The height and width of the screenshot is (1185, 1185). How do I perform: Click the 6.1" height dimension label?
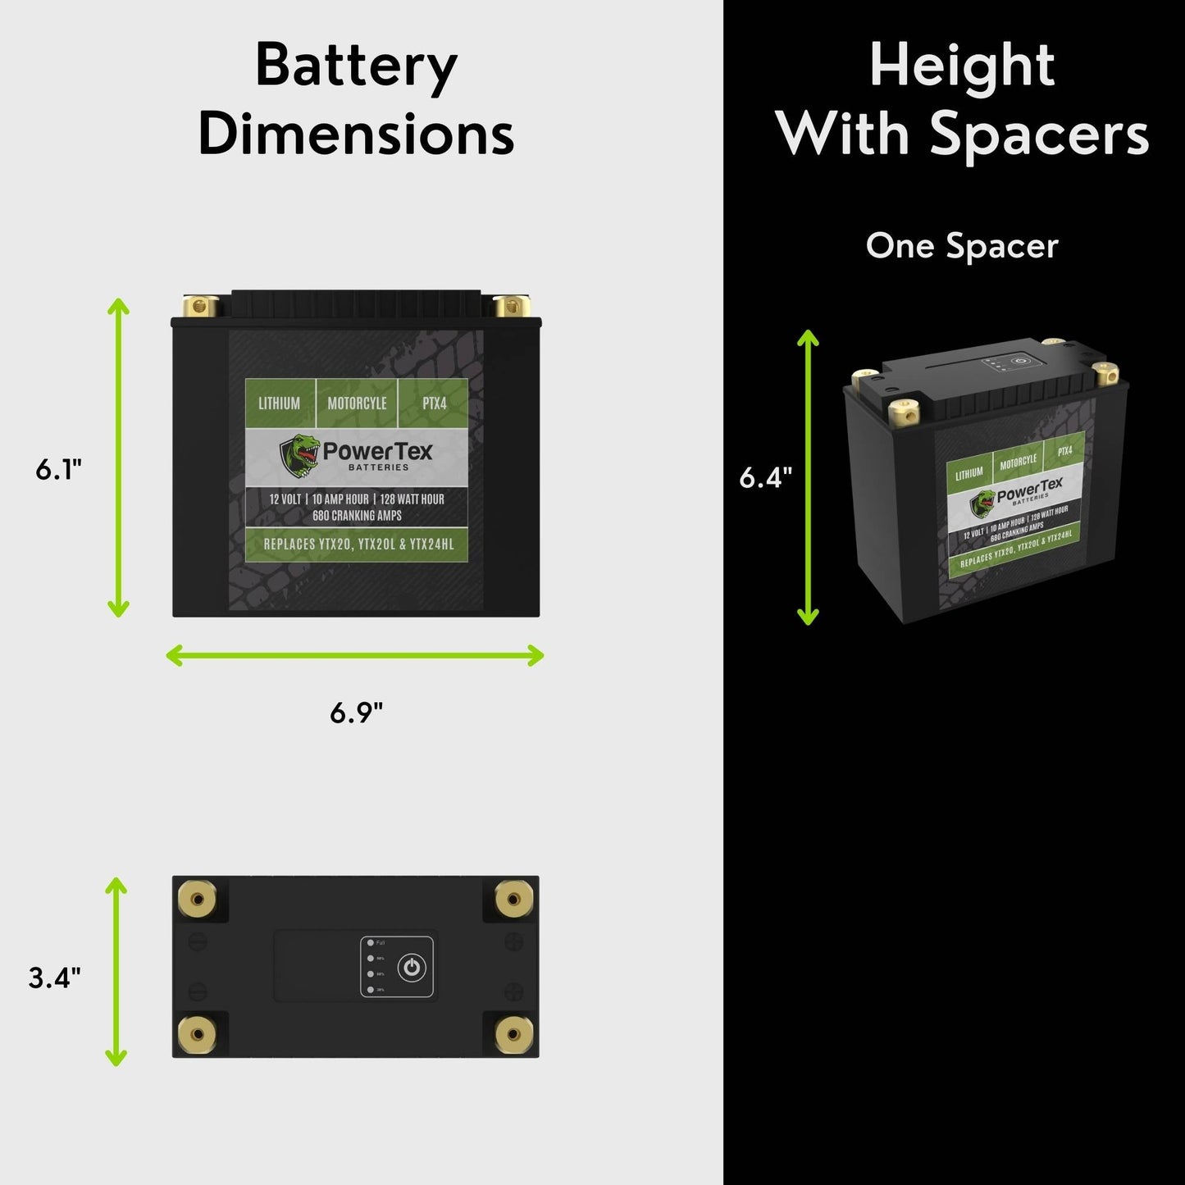[x=58, y=470]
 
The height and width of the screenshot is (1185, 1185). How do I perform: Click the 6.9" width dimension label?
[x=356, y=713]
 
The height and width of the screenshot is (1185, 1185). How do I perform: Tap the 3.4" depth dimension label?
[x=55, y=978]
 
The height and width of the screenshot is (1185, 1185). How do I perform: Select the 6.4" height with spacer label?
[x=765, y=477]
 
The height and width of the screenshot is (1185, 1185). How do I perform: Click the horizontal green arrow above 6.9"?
[x=354, y=655]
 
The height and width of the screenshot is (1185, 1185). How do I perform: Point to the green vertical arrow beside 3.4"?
[x=117, y=971]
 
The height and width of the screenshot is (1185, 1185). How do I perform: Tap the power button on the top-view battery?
[x=412, y=968]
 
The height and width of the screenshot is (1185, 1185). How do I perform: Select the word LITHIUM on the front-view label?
[x=279, y=403]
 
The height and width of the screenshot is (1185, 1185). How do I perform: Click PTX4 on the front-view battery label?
[x=434, y=403]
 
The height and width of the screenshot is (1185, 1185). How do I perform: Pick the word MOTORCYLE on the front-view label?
[x=357, y=403]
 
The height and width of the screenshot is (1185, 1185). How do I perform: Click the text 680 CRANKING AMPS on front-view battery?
[x=357, y=516]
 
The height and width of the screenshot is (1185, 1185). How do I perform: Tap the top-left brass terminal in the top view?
[x=197, y=899]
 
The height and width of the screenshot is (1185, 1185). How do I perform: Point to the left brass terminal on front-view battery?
[x=200, y=307]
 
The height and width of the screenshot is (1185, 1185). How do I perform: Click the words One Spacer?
[x=961, y=246]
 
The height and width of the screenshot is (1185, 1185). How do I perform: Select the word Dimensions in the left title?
[x=356, y=134]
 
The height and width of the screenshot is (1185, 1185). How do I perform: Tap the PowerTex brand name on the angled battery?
[x=1029, y=490]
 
